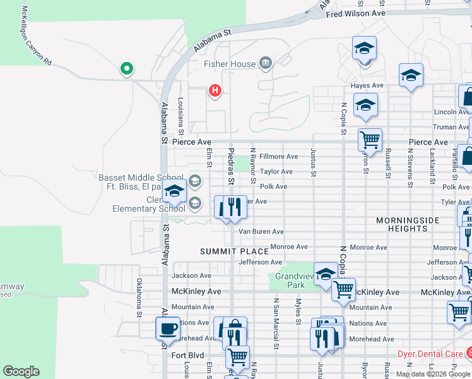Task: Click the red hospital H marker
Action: [215, 91]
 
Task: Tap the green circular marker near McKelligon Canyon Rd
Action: [126, 68]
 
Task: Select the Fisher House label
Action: [230, 64]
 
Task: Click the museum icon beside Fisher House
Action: [265, 63]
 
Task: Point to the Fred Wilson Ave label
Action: [355, 13]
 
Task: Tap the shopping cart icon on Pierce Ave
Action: [369, 139]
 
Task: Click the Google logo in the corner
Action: [21, 371]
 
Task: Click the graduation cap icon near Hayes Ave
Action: [411, 76]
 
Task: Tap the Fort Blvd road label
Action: [188, 355]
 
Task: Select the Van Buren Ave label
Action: [261, 232]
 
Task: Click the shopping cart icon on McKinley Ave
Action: [343, 289]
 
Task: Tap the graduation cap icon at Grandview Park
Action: [325, 274]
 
